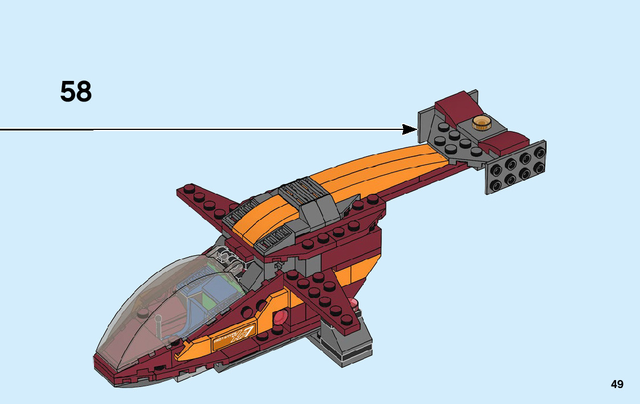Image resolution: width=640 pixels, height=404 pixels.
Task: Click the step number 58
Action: click(76, 92)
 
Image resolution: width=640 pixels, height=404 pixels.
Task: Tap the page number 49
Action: click(617, 384)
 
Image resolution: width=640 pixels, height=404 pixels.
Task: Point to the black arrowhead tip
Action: click(416, 129)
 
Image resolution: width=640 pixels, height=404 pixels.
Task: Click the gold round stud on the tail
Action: click(482, 122)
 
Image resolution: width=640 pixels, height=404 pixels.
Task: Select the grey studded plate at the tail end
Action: click(516, 169)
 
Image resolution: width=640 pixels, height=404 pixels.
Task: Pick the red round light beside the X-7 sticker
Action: click(280, 317)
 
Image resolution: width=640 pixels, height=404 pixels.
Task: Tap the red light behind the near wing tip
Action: click(355, 305)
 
